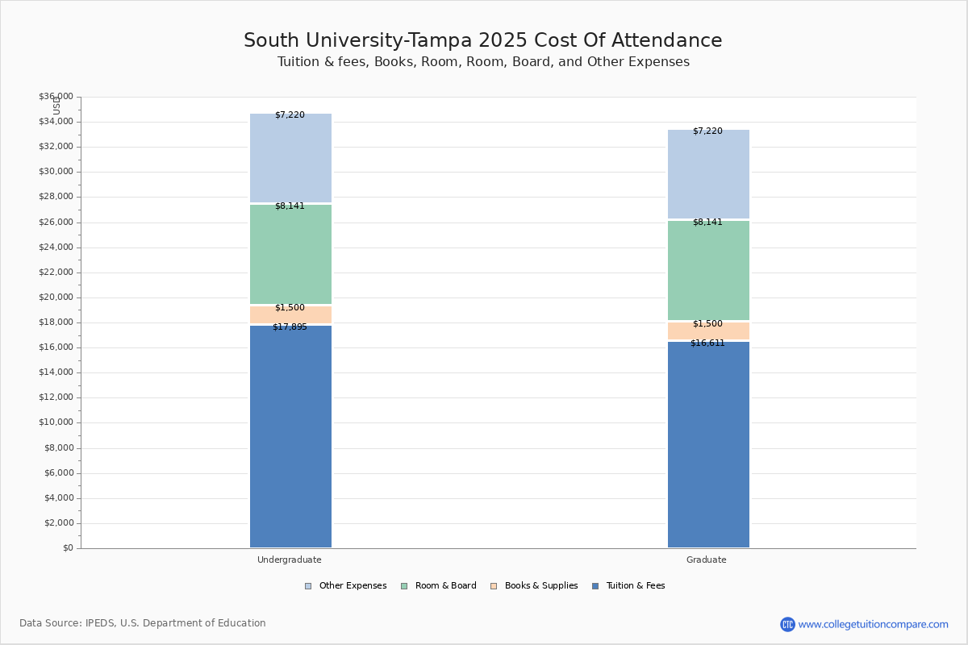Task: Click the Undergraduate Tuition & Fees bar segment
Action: (x=290, y=436)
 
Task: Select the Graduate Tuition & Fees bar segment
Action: (x=708, y=444)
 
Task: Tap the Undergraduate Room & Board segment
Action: (x=290, y=254)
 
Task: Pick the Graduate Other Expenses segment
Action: (x=708, y=174)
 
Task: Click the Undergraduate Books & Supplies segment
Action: (x=290, y=314)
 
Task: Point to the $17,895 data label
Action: (x=290, y=327)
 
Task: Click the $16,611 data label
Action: (x=707, y=343)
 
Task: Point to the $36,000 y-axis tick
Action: (x=56, y=97)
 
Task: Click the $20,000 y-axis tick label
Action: (x=56, y=298)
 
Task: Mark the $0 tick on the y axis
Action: (x=67, y=548)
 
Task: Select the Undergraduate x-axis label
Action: (x=290, y=560)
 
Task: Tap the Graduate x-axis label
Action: (x=707, y=560)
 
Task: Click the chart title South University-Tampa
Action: (x=482, y=41)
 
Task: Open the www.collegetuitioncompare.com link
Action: (x=873, y=624)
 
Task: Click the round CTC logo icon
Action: (x=787, y=624)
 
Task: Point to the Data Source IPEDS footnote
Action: (x=143, y=623)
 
